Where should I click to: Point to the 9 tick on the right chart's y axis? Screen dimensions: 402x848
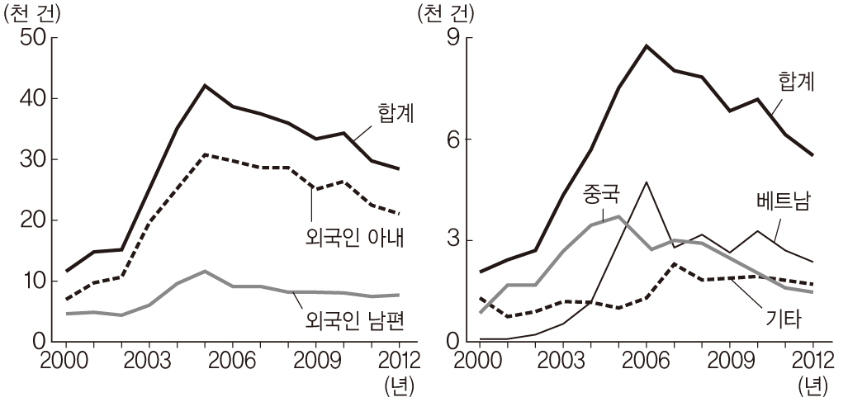coord(452,38)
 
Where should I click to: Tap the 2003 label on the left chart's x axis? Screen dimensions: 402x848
coord(149,360)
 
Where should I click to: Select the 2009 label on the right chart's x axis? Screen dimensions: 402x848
coord(729,360)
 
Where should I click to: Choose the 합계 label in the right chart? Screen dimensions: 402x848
coord(797,82)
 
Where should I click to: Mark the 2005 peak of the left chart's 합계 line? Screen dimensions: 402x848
coord(205,85)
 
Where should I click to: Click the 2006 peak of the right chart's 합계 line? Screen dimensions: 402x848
coord(647,45)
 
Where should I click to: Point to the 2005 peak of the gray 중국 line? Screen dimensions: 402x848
coord(618,216)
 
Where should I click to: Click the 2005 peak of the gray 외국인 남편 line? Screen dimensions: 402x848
coord(205,271)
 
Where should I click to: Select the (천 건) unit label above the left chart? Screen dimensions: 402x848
coord(31,12)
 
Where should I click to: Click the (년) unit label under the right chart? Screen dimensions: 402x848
coord(812,385)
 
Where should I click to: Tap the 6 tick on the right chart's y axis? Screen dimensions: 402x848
coord(452,140)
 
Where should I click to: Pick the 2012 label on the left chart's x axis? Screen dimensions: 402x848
coord(399,360)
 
